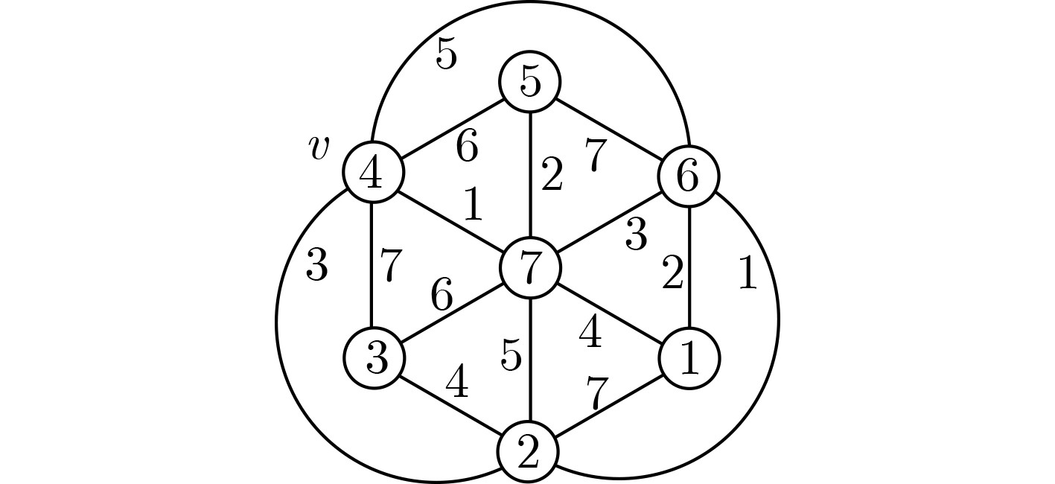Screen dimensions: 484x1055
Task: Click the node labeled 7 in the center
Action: point(529,267)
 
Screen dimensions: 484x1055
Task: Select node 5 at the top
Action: point(529,82)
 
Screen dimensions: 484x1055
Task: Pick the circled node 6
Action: point(688,176)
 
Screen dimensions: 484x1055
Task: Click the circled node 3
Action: point(374,358)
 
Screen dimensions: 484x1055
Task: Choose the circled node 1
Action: point(689,358)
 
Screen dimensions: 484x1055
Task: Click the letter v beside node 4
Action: point(318,148)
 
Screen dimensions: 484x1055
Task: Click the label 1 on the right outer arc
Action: point(747,274)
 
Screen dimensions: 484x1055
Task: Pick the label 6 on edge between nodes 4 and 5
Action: point(467,147)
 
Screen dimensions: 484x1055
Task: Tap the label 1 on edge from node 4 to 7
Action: point(473,206)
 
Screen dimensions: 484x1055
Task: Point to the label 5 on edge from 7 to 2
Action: point(511,356)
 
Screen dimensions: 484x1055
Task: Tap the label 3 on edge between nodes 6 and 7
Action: point(635,235)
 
